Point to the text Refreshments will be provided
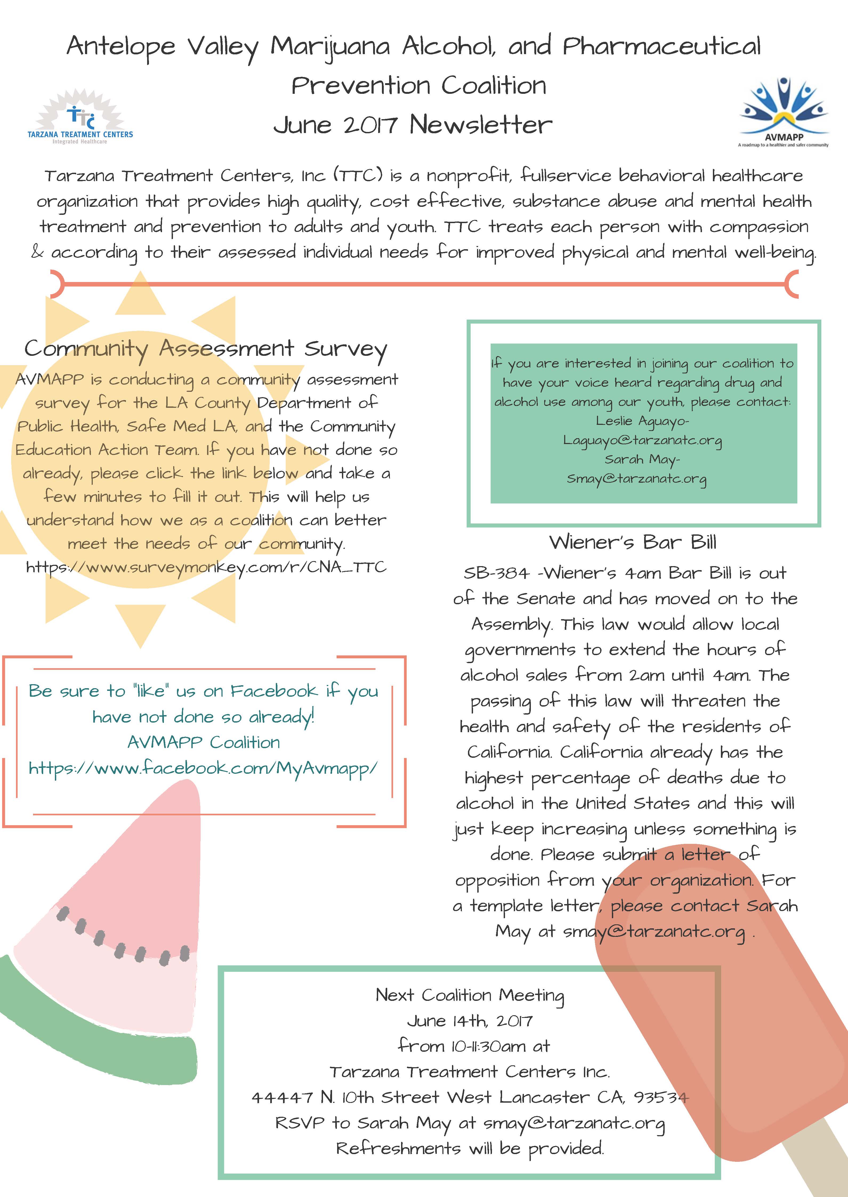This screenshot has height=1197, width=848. tap(470, 1148)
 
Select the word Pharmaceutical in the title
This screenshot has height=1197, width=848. tap(662, 46)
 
